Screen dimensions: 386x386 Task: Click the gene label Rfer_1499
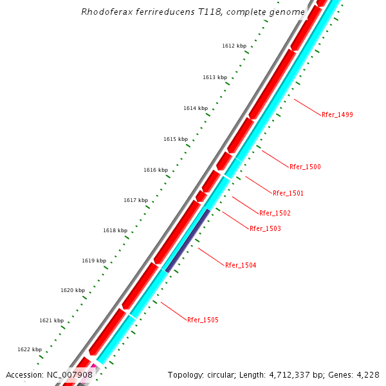click(337, 115)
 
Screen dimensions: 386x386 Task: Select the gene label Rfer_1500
click(305, 167)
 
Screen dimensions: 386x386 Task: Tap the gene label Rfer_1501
click(288, 193)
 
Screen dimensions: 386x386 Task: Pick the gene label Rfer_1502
click(275, 213)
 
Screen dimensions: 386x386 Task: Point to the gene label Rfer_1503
click(265, 228)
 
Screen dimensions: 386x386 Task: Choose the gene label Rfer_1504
click(241, 265)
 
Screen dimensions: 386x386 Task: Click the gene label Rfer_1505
click(203, 320)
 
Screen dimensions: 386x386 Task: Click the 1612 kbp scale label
click(234, 46)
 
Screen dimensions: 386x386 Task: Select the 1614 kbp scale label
click(196, 108)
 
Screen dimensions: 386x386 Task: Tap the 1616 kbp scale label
click(156, 170)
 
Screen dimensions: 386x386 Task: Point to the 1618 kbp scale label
click(115, 230)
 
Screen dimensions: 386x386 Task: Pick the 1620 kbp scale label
click(73, 290)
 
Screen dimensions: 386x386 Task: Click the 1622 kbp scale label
click(30, 349)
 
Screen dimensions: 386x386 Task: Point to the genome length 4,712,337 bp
click(290, 374)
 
